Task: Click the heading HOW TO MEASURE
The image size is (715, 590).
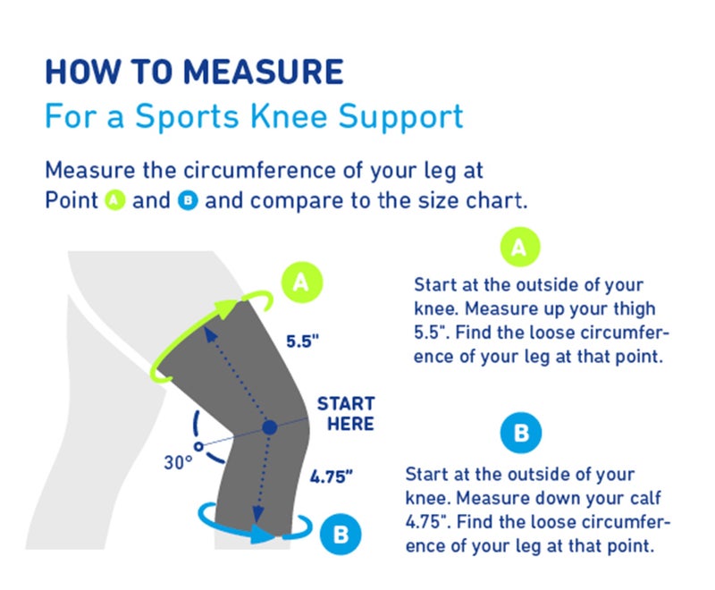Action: coord(194,72)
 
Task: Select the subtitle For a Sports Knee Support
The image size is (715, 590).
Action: coord(254,117)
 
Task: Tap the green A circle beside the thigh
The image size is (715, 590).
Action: coord(302,282)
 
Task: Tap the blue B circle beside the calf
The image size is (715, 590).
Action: coord(341,535)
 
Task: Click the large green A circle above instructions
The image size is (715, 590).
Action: coord(518,247)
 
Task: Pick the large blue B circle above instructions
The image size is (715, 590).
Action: coord(521,435)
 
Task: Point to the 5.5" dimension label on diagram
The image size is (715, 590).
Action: coord(303,341)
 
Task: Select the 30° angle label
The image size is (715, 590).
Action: coord(178,463)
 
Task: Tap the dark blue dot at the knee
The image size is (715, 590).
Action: coord(269,429)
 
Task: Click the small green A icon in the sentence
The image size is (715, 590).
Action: coord(114,200)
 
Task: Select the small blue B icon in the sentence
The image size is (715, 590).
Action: coord(189,200)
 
